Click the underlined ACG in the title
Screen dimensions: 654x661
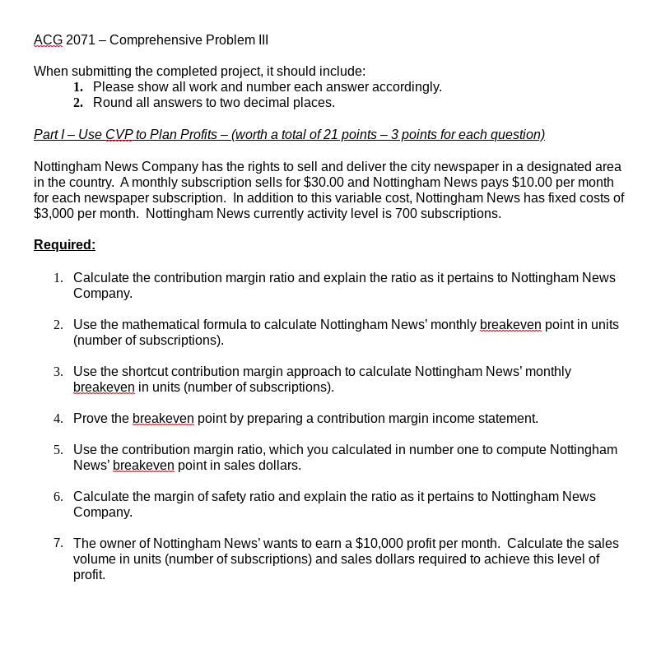click(x=48, y=40)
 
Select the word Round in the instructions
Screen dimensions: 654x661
click(x=111, y=103)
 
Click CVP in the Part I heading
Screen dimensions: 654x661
click(x=119, y=135)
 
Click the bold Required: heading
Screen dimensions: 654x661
click(x=64, y=245)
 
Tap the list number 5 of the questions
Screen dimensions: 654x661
click(x=58, y=450)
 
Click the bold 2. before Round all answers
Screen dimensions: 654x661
click(x=78, y=103)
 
